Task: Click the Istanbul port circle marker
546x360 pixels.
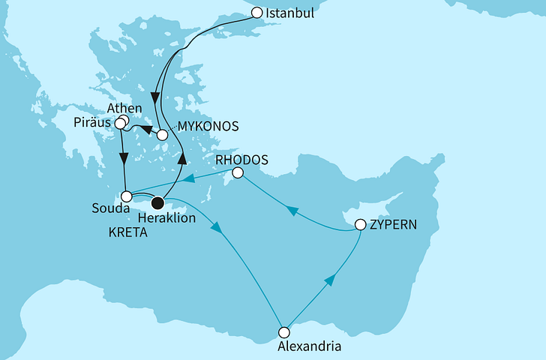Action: click(257, 13)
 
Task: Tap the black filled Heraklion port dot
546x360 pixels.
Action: click(157, 202)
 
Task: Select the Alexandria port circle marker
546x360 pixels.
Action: click(283, 332)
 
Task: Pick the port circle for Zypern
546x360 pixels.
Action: click(360, 224)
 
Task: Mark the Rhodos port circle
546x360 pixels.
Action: click(237, 173)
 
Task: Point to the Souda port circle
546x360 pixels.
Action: click(126, 196)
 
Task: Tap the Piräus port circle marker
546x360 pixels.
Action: click(119, 123)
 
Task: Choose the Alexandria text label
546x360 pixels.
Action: click(310, 347)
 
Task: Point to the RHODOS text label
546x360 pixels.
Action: click(241, 158)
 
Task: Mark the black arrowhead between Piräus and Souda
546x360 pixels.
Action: click(124, 159)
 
